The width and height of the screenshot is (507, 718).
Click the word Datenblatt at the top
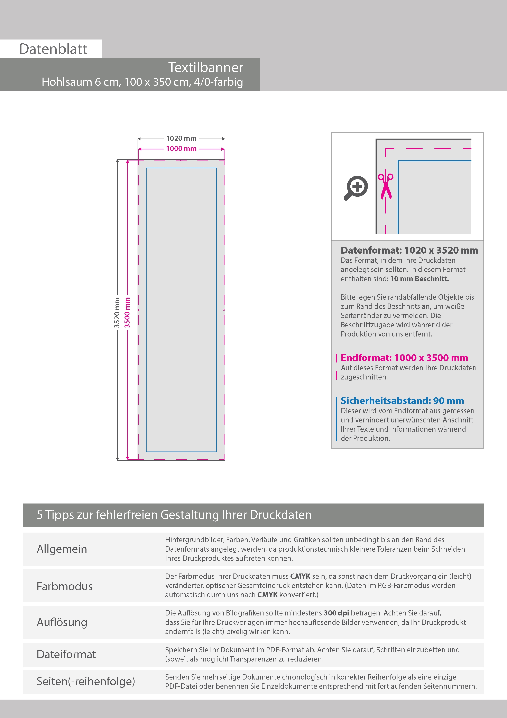coord(53,49)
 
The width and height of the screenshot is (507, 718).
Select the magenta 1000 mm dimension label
coord(181,149)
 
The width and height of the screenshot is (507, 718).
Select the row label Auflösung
coord(62,622)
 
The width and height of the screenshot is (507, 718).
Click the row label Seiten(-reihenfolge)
coord(86,681)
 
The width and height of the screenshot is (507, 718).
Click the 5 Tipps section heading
coord(174,515)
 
